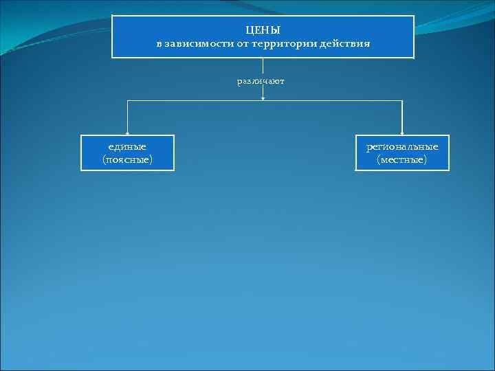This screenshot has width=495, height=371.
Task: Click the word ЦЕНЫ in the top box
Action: pyautogui.click(x=263, y=30)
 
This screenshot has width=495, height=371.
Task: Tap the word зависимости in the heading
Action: pyautogui.click(x=196, y=43)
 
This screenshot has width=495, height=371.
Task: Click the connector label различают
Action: pyautogui.click(x=261, y=81)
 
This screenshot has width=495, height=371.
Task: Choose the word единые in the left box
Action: pyautogui.click(x=127, y=146)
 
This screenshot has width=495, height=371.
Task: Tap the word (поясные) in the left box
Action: pyautogui.click(x=127, y=159)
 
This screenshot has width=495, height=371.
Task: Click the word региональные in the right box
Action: pyautogui.click(x=402, y=146)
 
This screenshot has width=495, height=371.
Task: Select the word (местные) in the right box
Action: pyautogui.click(x=402, y=159)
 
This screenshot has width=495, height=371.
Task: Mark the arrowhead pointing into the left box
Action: pyautogui.click(x=127, y=133)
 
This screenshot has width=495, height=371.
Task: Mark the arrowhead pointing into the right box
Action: pyautogui.click(x=402, y=133)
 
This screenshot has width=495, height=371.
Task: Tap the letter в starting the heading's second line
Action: pyautogui.click(x=159, y=43)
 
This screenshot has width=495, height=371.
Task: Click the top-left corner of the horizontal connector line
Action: pyautogui.click(x=127, y=102)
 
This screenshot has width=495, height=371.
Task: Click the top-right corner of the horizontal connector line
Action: pyautogui.click(x=402, y=102)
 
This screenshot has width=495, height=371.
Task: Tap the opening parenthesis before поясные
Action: pyautogui.click(x=104, y=159)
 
